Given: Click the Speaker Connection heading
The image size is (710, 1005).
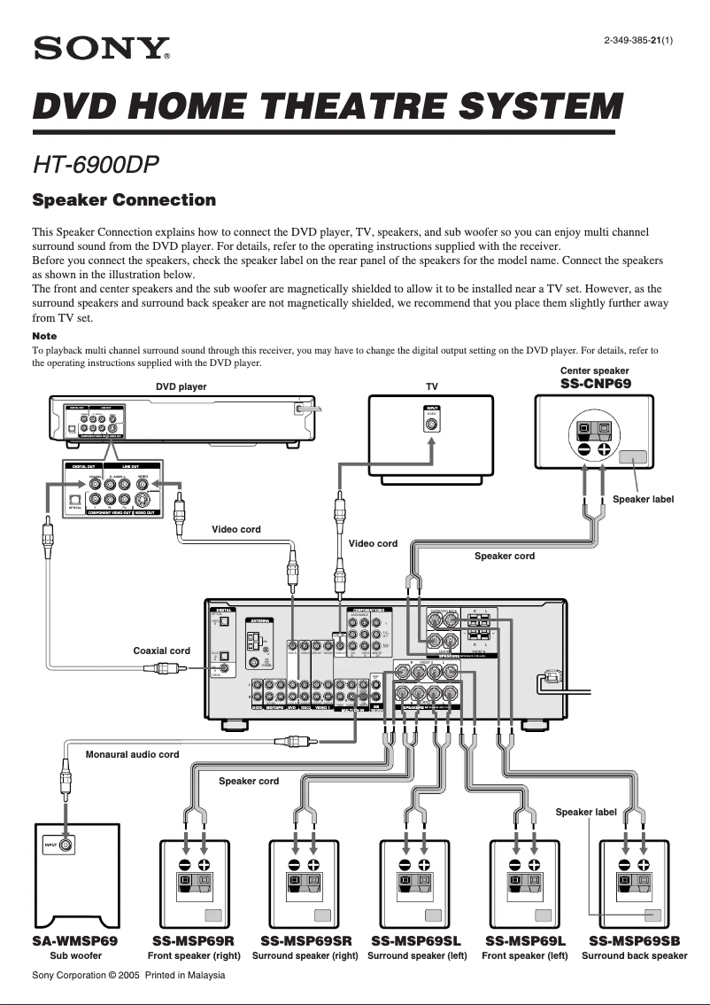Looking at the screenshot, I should [124, 200].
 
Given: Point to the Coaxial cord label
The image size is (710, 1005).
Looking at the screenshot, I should [161, 651].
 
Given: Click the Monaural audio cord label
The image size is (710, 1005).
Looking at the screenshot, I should [132, 754].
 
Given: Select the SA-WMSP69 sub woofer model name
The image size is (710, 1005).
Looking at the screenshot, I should [75, 941].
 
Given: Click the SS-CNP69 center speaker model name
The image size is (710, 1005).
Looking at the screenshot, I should [597, 384].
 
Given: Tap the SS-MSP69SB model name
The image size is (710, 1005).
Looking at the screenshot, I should [635, 941].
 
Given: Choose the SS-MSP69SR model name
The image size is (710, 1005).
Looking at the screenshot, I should [305, 941].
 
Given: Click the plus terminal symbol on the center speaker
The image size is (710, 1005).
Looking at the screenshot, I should [604, 449].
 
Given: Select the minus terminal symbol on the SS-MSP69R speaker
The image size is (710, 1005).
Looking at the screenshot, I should [185, 865].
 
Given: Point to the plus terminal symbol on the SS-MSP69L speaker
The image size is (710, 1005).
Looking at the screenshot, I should [534, 865].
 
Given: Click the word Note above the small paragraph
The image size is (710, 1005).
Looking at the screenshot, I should [44, 336].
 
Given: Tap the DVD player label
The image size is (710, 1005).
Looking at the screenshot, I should [181, 386].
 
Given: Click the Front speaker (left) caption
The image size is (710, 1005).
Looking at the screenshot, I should [525, 956].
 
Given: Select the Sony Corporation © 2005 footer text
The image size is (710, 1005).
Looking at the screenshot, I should [128, 975].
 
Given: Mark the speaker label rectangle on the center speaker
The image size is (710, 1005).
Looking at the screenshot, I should [632, 458].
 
